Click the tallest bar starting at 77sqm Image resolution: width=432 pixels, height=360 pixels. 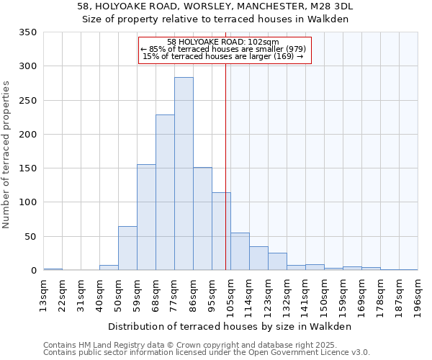184,174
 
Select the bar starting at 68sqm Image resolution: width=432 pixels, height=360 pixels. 165,192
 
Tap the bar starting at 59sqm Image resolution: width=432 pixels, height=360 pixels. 146,217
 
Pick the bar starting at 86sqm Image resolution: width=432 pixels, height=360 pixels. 202,219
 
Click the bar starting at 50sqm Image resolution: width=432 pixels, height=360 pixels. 127,248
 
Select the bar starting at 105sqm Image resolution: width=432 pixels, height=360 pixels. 240,251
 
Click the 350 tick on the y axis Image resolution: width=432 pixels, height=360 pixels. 28,32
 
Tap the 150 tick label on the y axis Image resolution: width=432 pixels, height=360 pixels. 28,168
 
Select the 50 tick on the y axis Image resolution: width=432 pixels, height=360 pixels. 31,237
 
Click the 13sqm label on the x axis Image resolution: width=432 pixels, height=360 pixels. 43,293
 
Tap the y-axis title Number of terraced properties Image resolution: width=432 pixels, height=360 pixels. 6,155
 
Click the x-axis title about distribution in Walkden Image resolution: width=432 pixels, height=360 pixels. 230,326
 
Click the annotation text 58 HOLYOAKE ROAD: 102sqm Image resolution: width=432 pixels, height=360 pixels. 222,42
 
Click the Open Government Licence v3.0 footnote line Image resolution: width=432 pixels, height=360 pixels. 207,353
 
